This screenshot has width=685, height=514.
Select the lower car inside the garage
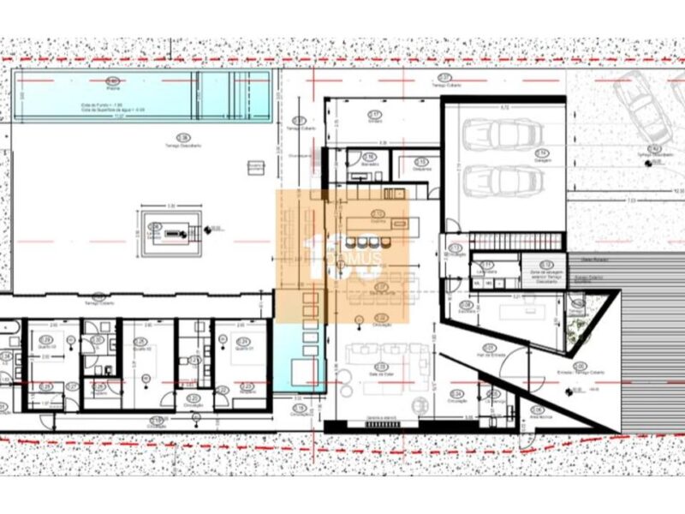pyautogui.click(x=502, y=180)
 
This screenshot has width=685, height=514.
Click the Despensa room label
pyautogui.click(x=420, y=166)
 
